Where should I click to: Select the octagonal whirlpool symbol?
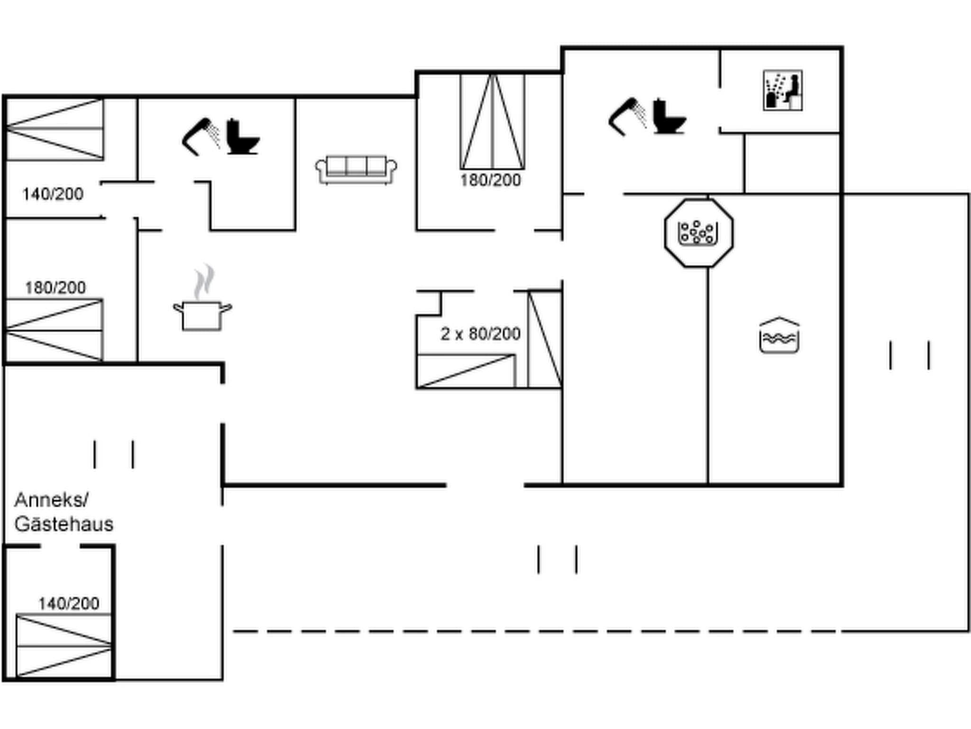[x=698, y=233]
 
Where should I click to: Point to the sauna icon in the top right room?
[x=782, y=90]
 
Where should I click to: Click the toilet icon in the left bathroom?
[x=242, y=137]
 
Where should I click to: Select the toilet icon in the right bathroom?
[x=668, y=117]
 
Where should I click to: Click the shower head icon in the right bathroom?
[x=627, y=117]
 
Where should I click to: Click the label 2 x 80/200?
[x=480, y=334]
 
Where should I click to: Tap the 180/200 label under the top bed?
[x=490, y=180]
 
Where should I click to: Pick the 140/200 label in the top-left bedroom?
[x=53, y=194]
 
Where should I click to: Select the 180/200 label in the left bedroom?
[x=55, y=288]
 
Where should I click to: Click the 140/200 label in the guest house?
[x=69, y=604]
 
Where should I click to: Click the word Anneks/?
[x=51, y=500]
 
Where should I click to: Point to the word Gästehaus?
[x=64, y=524]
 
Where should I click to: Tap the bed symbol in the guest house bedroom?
[x=64, y=645]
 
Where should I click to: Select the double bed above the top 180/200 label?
[x=492, y=121]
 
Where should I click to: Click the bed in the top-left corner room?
[x=55, y=129]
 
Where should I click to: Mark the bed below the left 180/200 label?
[x=54, y=330]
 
